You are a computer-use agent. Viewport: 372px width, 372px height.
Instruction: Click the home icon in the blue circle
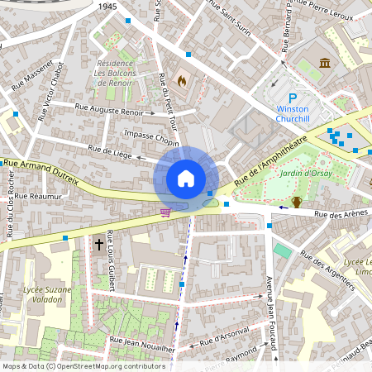pyautogui.click(x=186, y=178)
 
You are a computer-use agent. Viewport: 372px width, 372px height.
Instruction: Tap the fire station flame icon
pyautogui.click(x=182, y=80)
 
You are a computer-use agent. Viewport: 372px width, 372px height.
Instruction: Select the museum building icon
pyautogui.click(x=324, y=64)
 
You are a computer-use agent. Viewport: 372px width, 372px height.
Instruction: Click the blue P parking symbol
pyautogui.click(x=293, y=97)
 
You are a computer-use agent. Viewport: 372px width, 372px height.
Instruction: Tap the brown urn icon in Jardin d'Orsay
pyautogui.click(x=296, y=202)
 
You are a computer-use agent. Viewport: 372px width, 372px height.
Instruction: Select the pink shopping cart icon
pyautogui.click(x=165, y=212)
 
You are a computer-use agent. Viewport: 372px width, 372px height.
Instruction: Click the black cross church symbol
pyautogui.click(x=98, y=244)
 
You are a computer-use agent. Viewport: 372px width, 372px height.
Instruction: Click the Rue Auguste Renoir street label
pyautogui.click(x=108, y=107)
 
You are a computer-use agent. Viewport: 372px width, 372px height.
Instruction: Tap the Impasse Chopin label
pyautogui.click(x=151, y=134)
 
